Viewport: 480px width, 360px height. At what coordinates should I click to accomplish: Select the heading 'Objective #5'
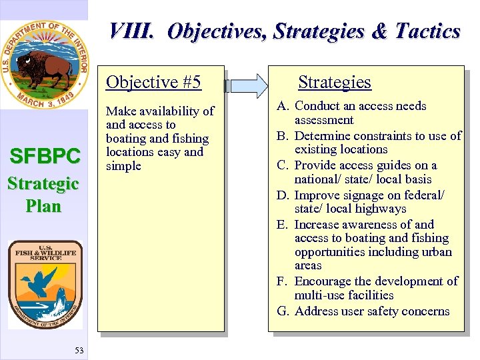pos(153,82)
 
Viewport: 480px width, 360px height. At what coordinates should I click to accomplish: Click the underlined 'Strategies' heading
pos(334,82)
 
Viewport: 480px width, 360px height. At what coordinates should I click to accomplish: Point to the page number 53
pos(79,351)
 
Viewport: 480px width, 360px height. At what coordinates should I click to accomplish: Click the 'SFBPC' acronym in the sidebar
pos(44,157)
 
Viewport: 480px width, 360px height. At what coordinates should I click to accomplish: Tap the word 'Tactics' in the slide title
pos(427,31)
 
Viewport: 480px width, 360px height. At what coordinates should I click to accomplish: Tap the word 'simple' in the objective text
pos(124,166)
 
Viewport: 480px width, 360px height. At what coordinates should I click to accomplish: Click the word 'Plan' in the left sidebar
pos(44,206)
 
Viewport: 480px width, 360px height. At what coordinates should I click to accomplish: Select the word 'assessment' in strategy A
pos(324,120)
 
